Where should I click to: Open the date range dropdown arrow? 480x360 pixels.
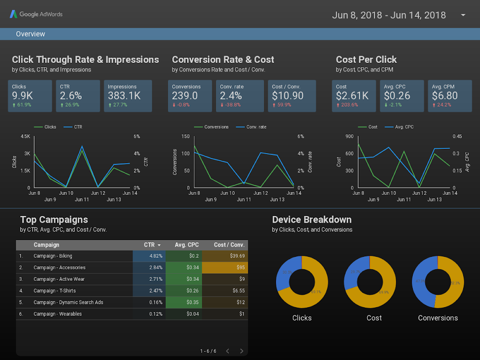coord(463,15)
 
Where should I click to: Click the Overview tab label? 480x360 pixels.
coord(30,34)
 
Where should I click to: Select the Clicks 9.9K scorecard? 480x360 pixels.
coord(30,96)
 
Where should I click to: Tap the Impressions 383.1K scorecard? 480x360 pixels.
coord(128,96)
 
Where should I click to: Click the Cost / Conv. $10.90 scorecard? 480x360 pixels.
coord(291,96)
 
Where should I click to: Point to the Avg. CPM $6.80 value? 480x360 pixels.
coord(444,96)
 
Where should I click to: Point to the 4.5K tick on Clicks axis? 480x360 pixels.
coord(25,137)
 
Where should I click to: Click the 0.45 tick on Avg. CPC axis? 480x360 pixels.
coord(458,137)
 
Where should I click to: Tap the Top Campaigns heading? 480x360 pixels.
coord(54,220)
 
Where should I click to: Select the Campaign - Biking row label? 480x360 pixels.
coord(53,256)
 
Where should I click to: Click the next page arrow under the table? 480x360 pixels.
coord(241,351)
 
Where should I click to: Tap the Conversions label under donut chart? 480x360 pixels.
coord(438,318)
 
